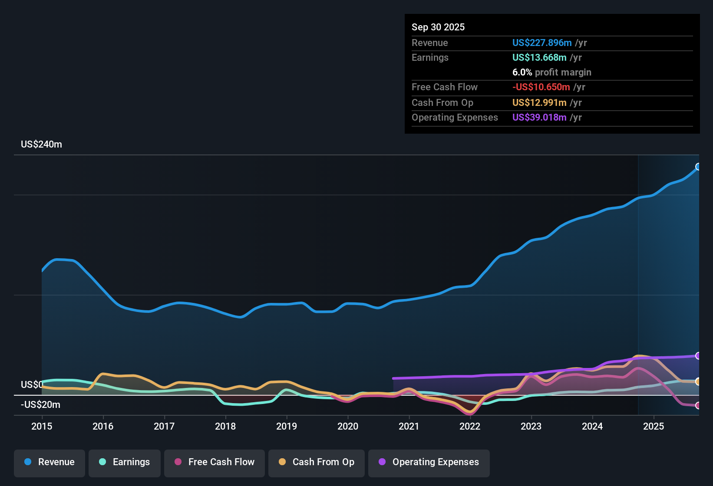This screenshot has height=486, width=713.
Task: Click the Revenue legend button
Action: click(x=50, y=462)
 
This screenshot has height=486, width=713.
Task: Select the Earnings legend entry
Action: click(x=125, y=462)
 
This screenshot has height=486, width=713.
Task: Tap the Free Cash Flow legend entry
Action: click(x=215, y=462)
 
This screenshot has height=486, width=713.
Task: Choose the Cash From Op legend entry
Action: click(x=317, y=462)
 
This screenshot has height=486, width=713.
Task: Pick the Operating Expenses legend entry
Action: click(x=429, y=462)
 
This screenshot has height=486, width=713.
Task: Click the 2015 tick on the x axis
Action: click(x=42, y=426)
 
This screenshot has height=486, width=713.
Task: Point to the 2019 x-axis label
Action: click(x=287, y=426)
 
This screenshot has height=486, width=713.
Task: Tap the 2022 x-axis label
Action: click(x=470, y=426)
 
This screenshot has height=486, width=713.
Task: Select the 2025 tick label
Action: click(x=654, y=426)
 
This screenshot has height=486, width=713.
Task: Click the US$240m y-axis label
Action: click(x=41, y=144)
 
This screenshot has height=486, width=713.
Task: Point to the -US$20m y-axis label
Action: click(x=40, y=405)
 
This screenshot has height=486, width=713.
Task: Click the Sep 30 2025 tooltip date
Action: click(x=438, y=27)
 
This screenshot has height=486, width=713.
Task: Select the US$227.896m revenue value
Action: click(x=541, y=43)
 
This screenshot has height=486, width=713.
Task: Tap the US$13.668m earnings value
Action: click(x=539, y=58)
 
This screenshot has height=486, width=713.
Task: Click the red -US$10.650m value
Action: click(x=541, y=87)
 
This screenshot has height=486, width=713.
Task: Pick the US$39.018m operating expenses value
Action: click(x=539, y=118)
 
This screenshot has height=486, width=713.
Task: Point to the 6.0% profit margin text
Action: click(x=551, y=72)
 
